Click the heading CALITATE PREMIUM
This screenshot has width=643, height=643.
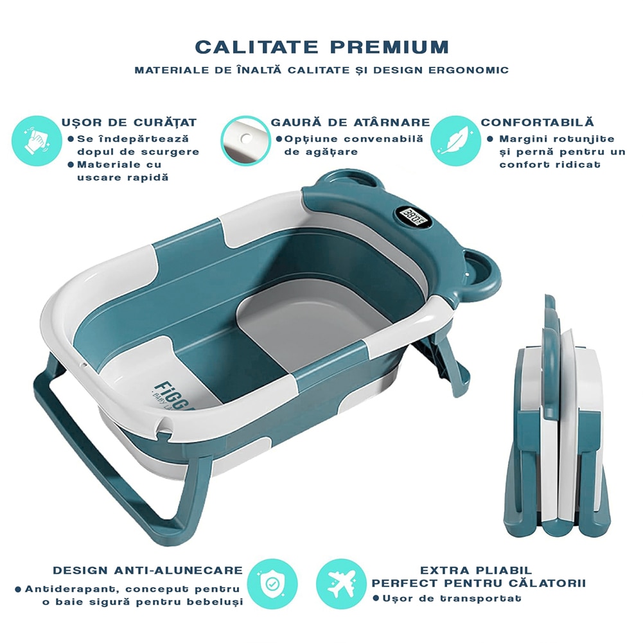322,47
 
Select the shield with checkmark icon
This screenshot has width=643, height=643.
272,584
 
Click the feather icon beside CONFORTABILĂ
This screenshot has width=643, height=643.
455,141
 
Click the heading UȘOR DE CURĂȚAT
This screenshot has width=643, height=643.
129,122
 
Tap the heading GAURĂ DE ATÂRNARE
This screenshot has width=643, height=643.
350,122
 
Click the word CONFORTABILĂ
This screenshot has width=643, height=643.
537,122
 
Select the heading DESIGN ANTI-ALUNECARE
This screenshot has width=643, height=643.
148,570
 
